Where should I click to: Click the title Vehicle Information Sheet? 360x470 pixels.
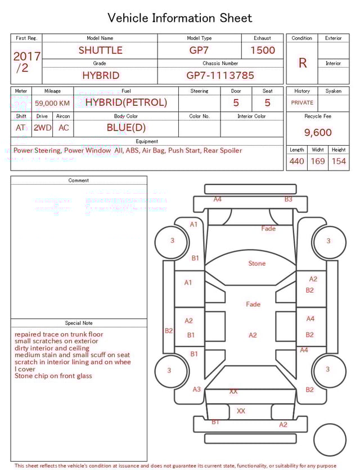(180, 18)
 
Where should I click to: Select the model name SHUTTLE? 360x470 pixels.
(100, 50)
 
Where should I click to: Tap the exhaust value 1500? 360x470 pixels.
(263, 50)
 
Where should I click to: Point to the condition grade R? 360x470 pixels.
(302, 63)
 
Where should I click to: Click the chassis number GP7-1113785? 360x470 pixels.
(220, 75)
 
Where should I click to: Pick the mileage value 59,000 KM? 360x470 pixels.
(52, 103)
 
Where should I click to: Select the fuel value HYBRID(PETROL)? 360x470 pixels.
(126, 102)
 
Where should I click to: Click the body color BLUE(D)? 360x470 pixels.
(126, 127)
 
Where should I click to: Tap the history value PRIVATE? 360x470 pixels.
(302, 103)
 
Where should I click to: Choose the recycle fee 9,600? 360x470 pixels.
(318, 133)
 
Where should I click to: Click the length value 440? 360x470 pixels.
(296, 162)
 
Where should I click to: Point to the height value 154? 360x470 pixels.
(339, 162)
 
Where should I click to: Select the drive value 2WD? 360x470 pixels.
(42, 128)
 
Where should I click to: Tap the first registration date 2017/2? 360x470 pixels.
(26, 62)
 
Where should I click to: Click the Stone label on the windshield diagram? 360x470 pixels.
(257, 263)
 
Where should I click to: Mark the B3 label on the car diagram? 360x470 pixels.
(289, 199)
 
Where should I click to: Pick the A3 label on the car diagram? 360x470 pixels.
(197, 390)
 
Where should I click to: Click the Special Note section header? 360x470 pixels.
(79, 323)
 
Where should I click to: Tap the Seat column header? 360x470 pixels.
(268, 91)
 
